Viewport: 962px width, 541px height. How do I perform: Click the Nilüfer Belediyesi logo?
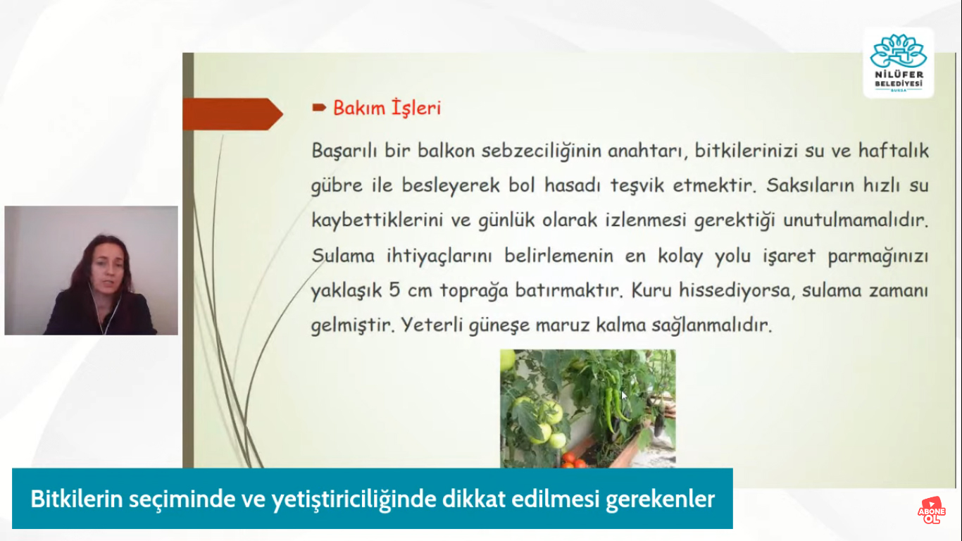[898, 63]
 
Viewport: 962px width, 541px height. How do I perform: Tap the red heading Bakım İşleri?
[387, 108]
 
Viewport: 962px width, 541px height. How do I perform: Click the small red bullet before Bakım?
[319, 108]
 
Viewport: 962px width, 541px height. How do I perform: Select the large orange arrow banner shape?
[233, 114]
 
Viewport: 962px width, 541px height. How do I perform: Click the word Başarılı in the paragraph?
[344, 151]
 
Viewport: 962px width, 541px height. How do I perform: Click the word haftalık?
[893, 151]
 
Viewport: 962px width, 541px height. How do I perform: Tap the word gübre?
[337, 186]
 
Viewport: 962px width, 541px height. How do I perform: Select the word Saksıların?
[811, 185]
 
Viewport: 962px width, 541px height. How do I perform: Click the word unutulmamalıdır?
[856, 220]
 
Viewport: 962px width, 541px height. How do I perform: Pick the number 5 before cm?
[394, 290]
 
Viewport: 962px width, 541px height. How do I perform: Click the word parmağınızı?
[877, 256]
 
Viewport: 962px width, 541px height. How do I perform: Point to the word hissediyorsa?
[735, 291]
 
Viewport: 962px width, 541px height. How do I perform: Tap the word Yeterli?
[431, 325]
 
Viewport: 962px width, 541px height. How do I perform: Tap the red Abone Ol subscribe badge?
[931, 511]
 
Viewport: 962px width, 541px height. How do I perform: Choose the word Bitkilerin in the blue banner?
[77, 499]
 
